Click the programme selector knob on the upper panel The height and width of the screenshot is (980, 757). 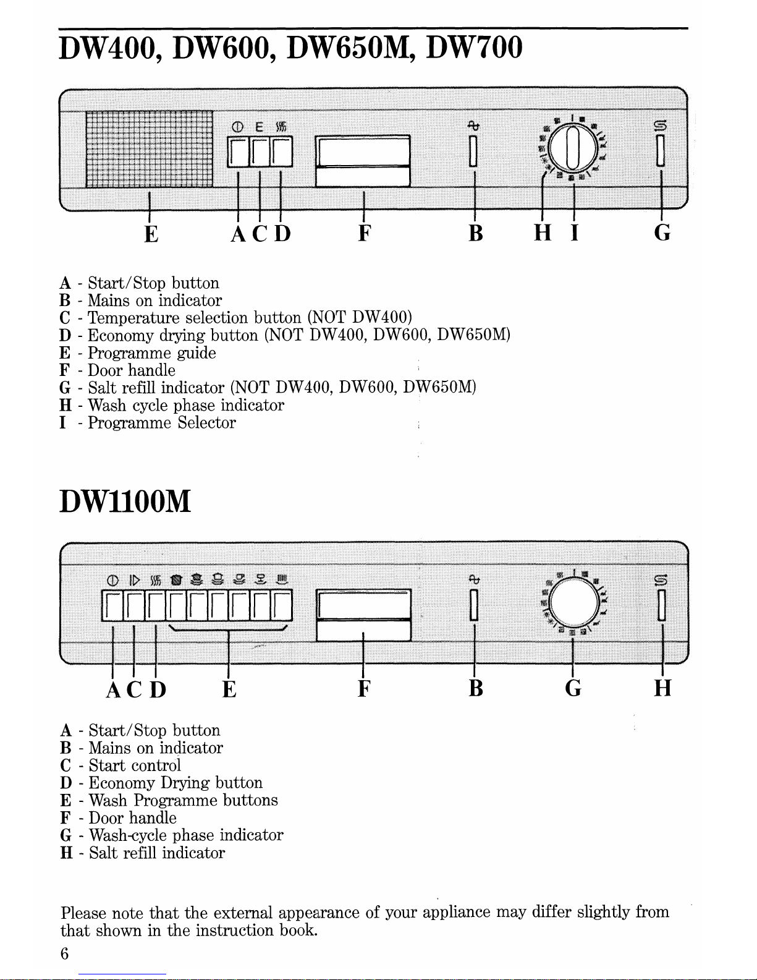[573, 148]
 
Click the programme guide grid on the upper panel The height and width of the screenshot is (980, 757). [149, 149]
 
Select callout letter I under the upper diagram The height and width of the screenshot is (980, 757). [574, 233]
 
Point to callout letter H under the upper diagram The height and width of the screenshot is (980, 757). [543, 233]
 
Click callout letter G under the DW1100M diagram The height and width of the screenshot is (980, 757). [573, 688]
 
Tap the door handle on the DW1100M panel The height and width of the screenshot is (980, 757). [363, 615]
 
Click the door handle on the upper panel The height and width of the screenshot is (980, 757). [363, 161]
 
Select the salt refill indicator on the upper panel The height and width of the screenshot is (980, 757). [661, 151]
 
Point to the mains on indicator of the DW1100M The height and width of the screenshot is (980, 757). [473, 605]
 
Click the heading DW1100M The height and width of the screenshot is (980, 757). [125, 501]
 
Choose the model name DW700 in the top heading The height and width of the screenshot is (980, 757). [475, 48]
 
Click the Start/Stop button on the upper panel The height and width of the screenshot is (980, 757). [238, 152]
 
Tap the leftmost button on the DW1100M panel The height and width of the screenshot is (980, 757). [112, 605]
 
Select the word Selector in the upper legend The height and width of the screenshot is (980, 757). [206, 422]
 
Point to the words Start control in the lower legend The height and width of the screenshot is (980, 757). [135, 765]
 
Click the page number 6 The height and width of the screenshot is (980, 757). [64, 953]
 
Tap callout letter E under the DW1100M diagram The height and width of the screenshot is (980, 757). [229, 689]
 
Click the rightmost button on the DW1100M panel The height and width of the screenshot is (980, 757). [282, 605]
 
